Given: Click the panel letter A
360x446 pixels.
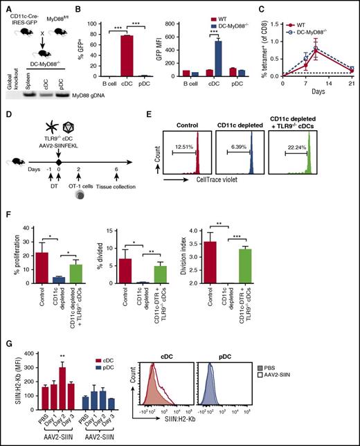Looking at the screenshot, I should pos(5,6).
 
